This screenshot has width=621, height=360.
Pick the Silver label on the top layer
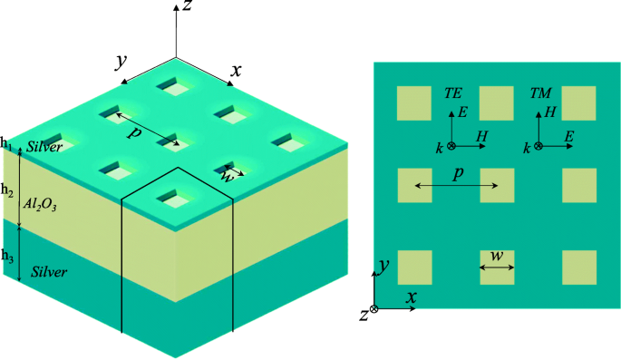43,147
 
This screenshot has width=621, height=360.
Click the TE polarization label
453,92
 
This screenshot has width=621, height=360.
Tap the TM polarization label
539,92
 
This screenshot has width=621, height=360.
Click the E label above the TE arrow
462,112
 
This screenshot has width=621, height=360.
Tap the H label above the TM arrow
548,112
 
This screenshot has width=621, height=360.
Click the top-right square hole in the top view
579,102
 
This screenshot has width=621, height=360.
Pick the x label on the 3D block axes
237,70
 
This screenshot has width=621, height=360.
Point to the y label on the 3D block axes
119,61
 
